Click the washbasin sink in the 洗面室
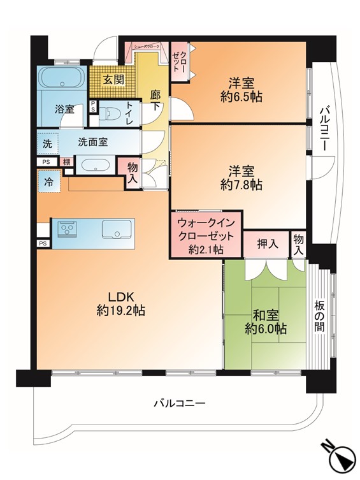(x=95, y=164)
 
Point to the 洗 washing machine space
(x=47, y=143)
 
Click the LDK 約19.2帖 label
(x=120, y=303)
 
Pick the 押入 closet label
(x=266, y=243)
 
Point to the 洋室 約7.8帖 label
(x=241, y=178)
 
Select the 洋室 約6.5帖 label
(x=241, y=90)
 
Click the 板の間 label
(x=320, y=317)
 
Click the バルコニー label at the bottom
(x=179, y=404)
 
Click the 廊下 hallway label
(x=155, y=101)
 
